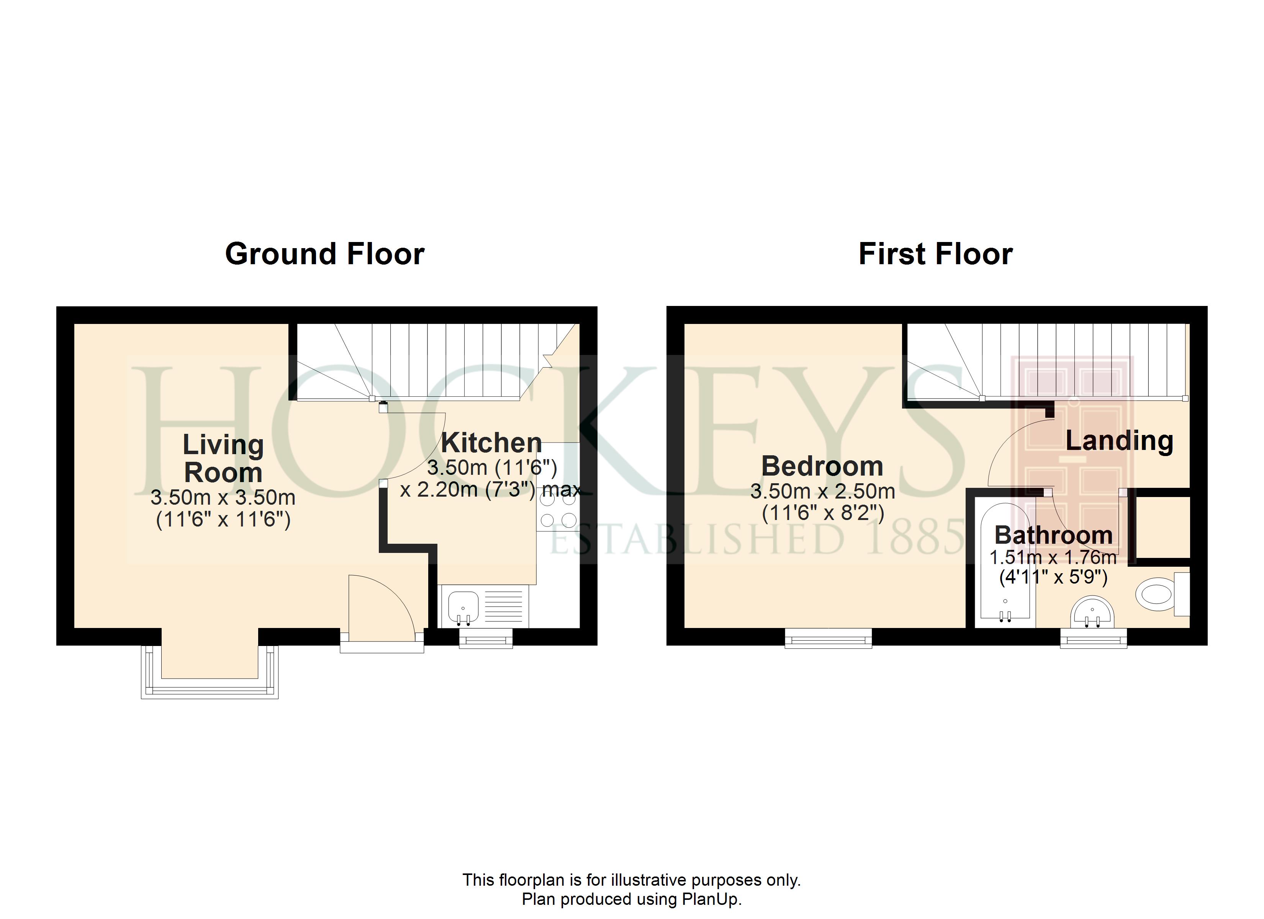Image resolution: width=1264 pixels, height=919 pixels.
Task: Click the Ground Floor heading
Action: (x=324, y=254)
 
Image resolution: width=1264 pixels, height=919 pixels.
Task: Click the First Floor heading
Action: (x=935, y=254)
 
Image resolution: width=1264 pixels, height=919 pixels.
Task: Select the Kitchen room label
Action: (x=491, y=443)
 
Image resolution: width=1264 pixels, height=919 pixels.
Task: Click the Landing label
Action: (x=1119, y=441)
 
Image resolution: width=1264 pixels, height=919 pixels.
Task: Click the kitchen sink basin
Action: (x=463, y=608)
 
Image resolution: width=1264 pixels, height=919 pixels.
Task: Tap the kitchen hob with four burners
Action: (x=558, y=509)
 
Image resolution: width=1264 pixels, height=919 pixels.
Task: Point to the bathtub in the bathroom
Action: (x=1005, y=563)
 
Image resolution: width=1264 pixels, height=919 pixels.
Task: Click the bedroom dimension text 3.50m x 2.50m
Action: (x=823, y=492)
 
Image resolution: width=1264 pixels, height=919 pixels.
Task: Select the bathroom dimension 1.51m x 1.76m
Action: (x=1053, y=557)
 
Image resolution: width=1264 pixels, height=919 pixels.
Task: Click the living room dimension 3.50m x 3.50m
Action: (x=223, y=497)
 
